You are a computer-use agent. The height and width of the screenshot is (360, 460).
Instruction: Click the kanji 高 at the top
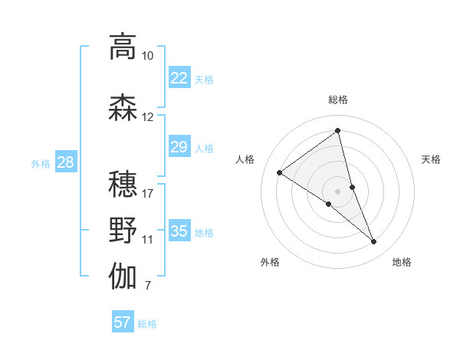tap(123, 47)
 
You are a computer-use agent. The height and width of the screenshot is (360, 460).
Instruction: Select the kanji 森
tap(123, 108)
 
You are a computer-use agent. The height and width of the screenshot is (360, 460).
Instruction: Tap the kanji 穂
tap(123, 184)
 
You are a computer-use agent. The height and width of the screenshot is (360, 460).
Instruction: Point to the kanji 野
tap(123, 231)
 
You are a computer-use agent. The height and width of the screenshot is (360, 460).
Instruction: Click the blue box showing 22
tap(179, 78)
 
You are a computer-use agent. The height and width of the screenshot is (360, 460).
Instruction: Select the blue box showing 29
tap(179, 147)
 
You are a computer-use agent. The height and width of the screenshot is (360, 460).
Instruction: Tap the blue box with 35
tap(179, 231)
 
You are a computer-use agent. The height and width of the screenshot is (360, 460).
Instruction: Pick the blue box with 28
tap(65, 162)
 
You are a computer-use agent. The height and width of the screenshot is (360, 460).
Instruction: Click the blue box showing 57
tap(123, 322)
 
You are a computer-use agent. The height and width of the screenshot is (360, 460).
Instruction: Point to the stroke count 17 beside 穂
tap(148, 193)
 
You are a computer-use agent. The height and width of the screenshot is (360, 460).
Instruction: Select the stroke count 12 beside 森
tap(148, 117)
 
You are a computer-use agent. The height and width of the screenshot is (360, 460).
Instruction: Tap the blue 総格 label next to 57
tap(147, 324)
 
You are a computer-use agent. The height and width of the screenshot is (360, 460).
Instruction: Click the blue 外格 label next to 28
tap(40, 163)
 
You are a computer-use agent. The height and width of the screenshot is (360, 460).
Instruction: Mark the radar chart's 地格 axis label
tap(402, 262)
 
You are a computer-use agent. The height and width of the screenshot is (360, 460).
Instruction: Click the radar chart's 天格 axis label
tap(431, 159)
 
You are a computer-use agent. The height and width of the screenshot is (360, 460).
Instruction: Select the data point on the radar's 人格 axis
tap(280, 172)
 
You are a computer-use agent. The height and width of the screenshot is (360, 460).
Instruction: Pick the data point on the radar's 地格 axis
tap(374, 242)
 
